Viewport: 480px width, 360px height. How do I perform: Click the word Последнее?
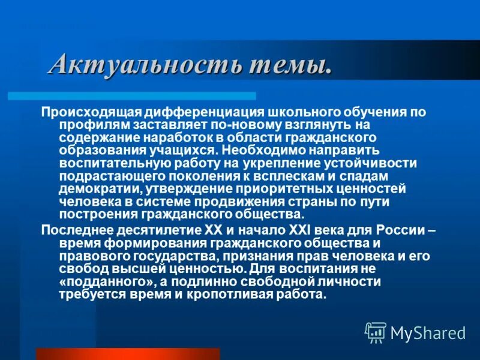(x=71, y=231)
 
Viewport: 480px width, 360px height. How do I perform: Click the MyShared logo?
(x=415, y=332)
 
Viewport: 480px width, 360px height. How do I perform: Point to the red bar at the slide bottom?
(x=128, y=353)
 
